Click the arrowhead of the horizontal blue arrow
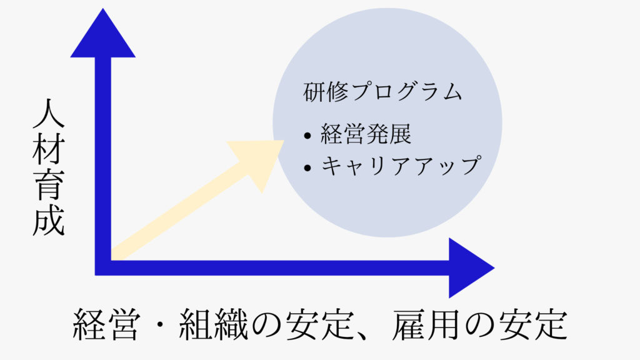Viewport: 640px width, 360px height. coord(469,268)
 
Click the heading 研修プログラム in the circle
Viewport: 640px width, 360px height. coord(382,93)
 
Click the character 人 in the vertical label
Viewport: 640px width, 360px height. coord(49,117)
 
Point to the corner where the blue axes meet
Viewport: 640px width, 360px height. coord(103,267)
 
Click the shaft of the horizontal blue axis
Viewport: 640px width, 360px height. coord(281,267)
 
